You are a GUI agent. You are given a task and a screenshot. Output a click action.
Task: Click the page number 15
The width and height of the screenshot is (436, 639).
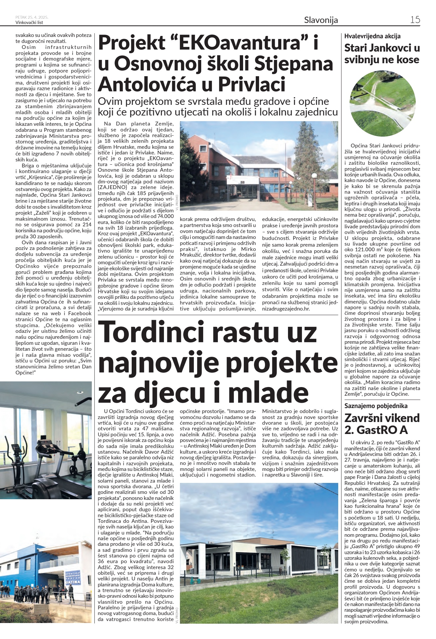(x=415, y=20)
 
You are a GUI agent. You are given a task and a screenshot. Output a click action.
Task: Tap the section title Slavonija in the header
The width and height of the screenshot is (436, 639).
(x=321, y=20)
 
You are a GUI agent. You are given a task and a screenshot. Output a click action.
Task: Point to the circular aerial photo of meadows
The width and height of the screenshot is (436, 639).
(x=382, y=103)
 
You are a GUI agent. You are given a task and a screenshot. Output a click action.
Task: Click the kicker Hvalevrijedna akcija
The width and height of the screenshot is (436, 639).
(x=372, y=36)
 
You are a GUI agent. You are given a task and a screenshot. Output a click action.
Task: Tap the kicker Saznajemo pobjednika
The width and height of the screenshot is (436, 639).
(x=376, y=406)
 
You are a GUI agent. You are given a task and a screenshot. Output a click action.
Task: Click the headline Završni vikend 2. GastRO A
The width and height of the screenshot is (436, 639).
(x=382, y=424)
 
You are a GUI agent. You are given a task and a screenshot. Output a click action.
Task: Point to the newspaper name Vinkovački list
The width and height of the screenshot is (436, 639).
(x=29, y=23)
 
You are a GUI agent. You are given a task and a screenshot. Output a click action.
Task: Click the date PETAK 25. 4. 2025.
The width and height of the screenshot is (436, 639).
(x=32, y=17)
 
